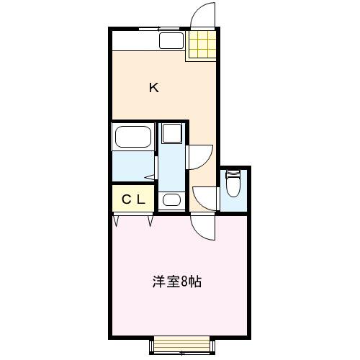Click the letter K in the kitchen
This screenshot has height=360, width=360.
coord(153,88)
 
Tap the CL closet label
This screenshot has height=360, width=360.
coord(132,199)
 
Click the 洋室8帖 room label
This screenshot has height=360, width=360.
coord(176,281)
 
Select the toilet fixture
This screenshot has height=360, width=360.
coord(233,185)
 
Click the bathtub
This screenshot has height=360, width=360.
coord(132,137)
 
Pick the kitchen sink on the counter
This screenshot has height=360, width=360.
coord(171,40)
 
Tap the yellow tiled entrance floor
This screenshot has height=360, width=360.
coord(202,45)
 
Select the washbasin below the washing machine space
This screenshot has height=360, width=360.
coord(171,199)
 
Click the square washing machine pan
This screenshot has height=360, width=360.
coord(171,132)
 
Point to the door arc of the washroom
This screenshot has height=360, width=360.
coord(200,156)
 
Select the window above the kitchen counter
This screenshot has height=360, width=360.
coord(160,29)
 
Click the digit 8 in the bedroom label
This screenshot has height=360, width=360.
coord(185,281)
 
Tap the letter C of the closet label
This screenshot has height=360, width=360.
coord(125,199)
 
